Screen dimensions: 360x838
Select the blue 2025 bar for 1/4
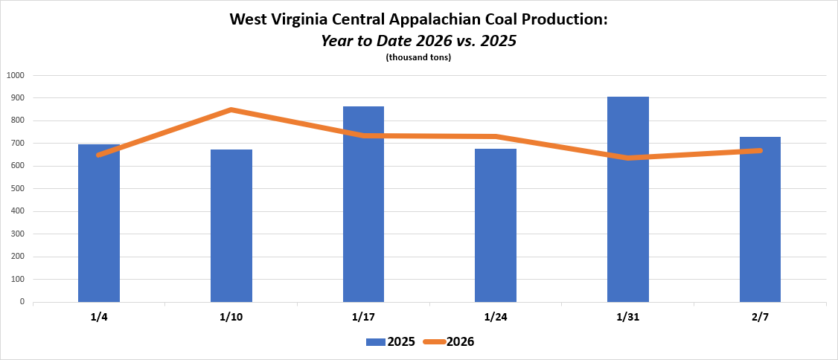[99, 223]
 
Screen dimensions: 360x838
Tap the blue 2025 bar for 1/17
[363, 205]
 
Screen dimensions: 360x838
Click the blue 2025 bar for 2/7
[760, 219]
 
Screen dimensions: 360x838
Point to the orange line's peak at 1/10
[231, 110]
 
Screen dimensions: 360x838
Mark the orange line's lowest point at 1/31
[628, 158]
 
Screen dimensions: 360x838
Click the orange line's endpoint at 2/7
[760, 151]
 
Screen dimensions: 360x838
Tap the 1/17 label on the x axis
[363, 317]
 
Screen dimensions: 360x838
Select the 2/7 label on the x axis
[760, 317]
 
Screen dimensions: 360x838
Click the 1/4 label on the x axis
[99, 317]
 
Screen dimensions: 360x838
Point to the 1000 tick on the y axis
[16, 75]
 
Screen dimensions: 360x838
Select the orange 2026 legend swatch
[434, 342]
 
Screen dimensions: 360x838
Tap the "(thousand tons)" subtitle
[418, 58]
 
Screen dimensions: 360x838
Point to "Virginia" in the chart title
[303, 19]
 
